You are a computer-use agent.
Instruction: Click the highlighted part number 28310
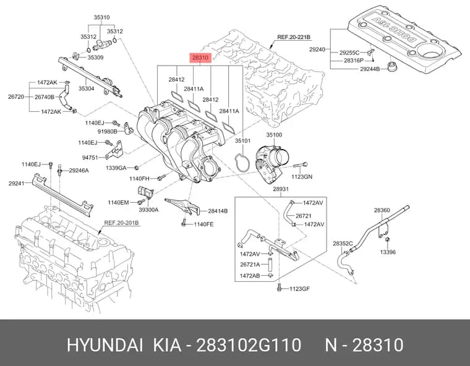tap(200, 57)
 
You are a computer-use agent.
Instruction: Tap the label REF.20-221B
tap(294, 37)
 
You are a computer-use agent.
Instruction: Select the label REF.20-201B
tap(121, 223)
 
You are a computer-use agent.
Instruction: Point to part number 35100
tap(274, 135)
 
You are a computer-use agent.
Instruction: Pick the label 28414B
tap(218, 211)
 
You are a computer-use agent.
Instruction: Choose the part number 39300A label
tap(148, 210)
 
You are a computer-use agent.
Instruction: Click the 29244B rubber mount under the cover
tap(391, 67)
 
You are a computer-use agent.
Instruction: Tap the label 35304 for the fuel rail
tap(87, 88)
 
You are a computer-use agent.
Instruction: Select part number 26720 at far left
tap(16, 97)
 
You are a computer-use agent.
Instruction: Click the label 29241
tap(17, 183)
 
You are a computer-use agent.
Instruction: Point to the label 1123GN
tap(302, 177)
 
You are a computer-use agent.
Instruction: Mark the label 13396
tap(388, 252)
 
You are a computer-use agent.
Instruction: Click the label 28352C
tap(343, 244)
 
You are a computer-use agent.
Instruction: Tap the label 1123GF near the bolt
tap(299, 289)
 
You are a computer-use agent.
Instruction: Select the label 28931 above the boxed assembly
tap(281, 189)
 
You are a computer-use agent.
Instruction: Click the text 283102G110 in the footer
tap(249, 345)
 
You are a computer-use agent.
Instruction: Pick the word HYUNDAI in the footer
tap(105, 345)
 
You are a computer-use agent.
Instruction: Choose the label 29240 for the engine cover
tap(317, 49)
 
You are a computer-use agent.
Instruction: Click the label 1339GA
tap(116, 168)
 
